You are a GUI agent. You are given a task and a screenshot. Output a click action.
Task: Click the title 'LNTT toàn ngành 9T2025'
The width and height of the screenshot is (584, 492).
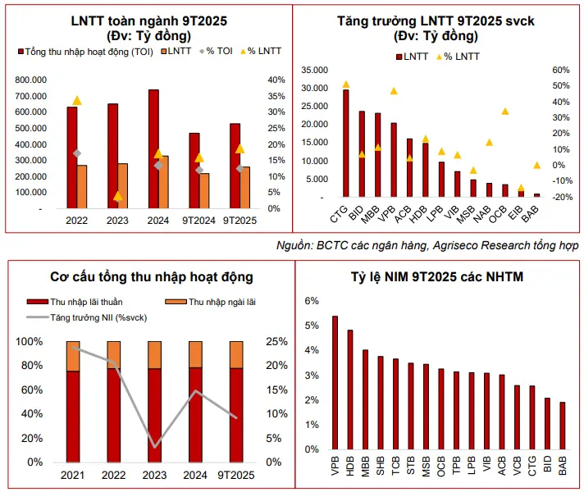point(148,19)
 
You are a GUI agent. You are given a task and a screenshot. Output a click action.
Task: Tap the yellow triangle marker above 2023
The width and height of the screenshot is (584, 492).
point(118,196)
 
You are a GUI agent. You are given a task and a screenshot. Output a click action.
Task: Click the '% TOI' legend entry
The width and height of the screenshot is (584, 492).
point(197,51)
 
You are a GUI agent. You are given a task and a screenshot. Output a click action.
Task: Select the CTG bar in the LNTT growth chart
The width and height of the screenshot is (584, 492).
point(345,143)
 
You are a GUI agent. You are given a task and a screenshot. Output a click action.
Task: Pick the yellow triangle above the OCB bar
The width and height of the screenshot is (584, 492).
point(505,112)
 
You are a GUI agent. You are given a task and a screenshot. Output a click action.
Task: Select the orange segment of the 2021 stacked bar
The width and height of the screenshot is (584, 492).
point(73,356)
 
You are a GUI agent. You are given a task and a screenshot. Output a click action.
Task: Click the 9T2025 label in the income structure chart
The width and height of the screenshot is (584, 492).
point(237,475)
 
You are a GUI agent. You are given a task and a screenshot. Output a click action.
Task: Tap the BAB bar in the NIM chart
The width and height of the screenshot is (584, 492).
point(562,426)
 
